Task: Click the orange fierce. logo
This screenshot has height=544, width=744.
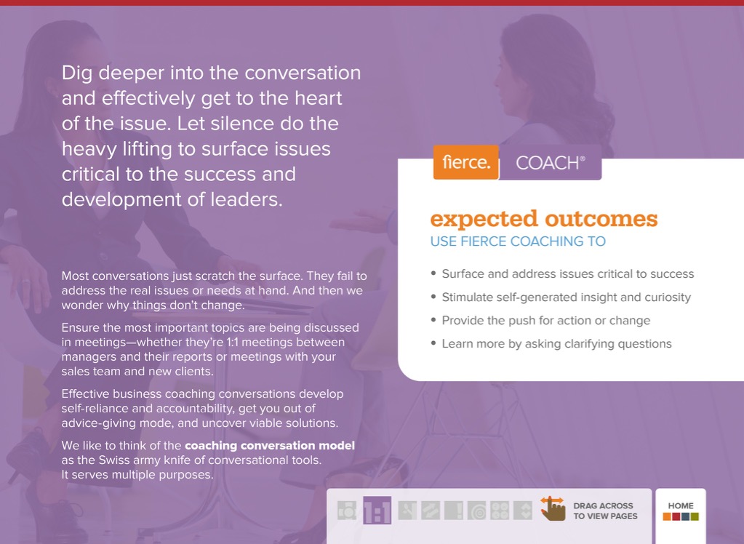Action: pos(466,162)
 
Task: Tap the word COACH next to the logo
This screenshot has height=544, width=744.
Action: pos(547,164)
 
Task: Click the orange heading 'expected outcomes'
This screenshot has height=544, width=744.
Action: pos(544,219)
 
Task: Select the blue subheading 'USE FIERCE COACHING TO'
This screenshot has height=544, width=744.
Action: pos(518,241)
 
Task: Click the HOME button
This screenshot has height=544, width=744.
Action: pos(681,511)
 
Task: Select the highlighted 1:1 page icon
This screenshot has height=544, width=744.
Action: pos(377,511)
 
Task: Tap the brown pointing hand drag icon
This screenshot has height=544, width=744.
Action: pos(553,508)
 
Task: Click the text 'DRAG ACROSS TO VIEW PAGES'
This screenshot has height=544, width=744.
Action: pos(605,511)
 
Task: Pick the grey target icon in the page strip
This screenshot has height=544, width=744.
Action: pos(477,511)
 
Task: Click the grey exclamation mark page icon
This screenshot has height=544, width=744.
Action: pos(454,511)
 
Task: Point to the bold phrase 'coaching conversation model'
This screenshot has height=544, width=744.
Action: pos(270,445)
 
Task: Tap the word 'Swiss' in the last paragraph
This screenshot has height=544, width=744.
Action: pos(112,460)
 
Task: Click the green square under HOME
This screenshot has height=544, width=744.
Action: pos(695,516)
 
